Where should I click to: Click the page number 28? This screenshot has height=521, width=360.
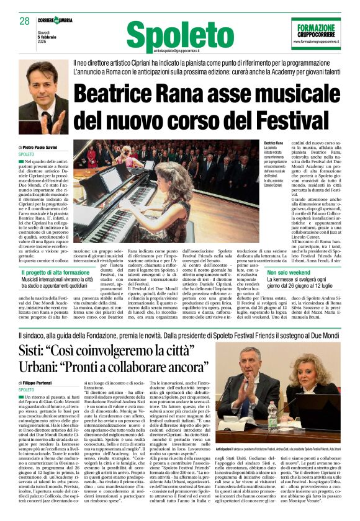[x=25, y=21]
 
